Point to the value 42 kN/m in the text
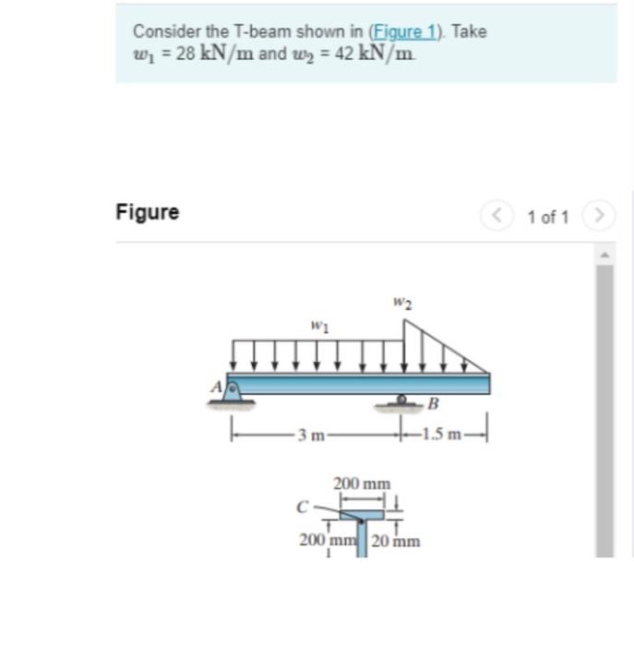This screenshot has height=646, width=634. click(380, 54)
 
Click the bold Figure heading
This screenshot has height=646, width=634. click(148, 212)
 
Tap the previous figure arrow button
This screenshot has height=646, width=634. click(495, 217)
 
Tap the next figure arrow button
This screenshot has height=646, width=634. click(600, 217)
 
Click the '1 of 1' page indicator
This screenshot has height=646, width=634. click(547, 218)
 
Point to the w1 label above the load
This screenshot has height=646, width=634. click(319, 326)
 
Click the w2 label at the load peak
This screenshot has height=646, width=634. click(401, 302)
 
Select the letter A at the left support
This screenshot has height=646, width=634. click(217, 388)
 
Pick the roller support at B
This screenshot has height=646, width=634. click(402, 401)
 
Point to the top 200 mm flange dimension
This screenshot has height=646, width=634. click(362, 484)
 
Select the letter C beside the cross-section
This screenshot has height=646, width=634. click(301, 506)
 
